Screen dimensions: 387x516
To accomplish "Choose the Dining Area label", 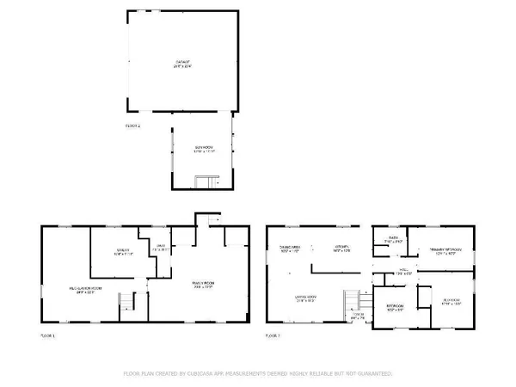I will (x=288, y=248).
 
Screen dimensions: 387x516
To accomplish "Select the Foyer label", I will (x=358, y=316).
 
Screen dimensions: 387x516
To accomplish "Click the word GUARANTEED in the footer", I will (x=372, y=374).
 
